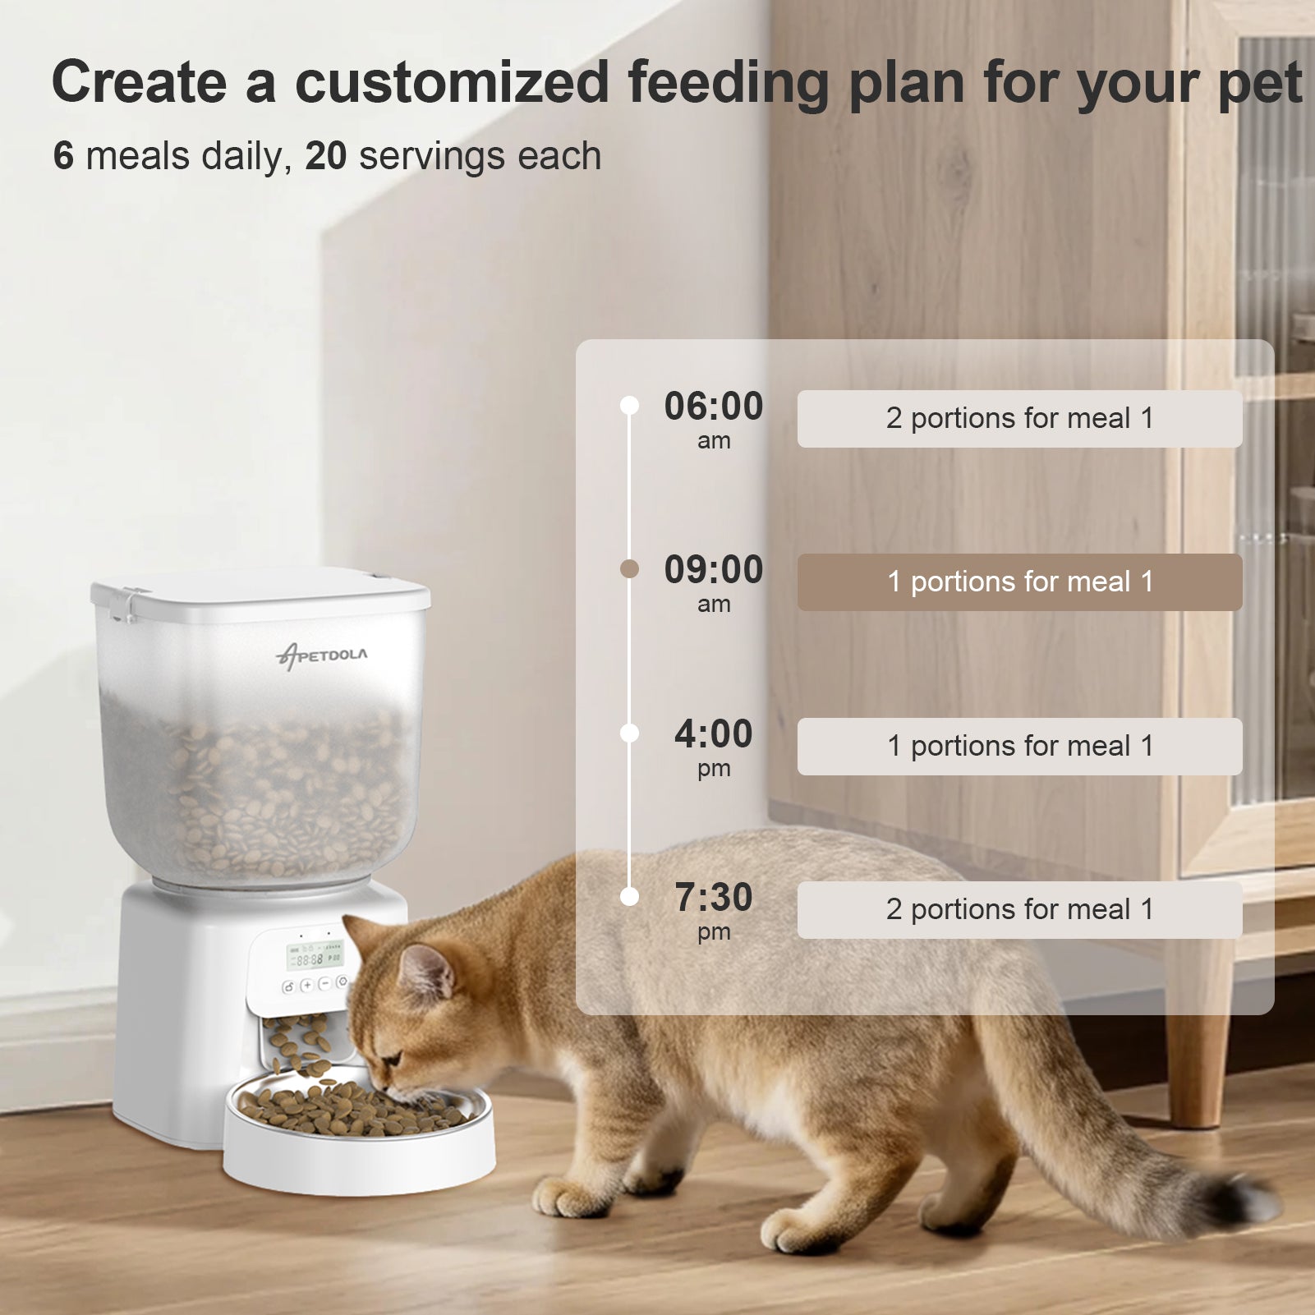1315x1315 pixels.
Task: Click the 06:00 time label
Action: tap(713, 407)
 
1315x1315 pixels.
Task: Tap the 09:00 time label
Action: tap(713, 571)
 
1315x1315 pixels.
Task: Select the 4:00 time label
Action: tap(713, 734)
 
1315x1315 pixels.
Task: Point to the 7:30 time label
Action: tap(713, 898)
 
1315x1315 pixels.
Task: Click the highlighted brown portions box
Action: tap(1019, 582)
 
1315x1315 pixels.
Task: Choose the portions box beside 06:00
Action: tap(1019, 419)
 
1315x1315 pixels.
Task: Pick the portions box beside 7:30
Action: tap(1019, 910)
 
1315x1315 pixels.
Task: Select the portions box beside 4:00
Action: tap(1019, 747)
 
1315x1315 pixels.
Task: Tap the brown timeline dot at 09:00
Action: tap(629, 569)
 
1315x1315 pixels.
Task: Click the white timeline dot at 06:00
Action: tap(629, 406)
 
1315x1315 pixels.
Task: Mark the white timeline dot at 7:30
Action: tap(629, 897)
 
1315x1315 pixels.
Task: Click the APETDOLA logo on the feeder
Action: tap(322, 655)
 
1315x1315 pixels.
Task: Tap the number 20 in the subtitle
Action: tap(326, 156)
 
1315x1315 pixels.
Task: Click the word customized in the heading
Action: tap(452, 83)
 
